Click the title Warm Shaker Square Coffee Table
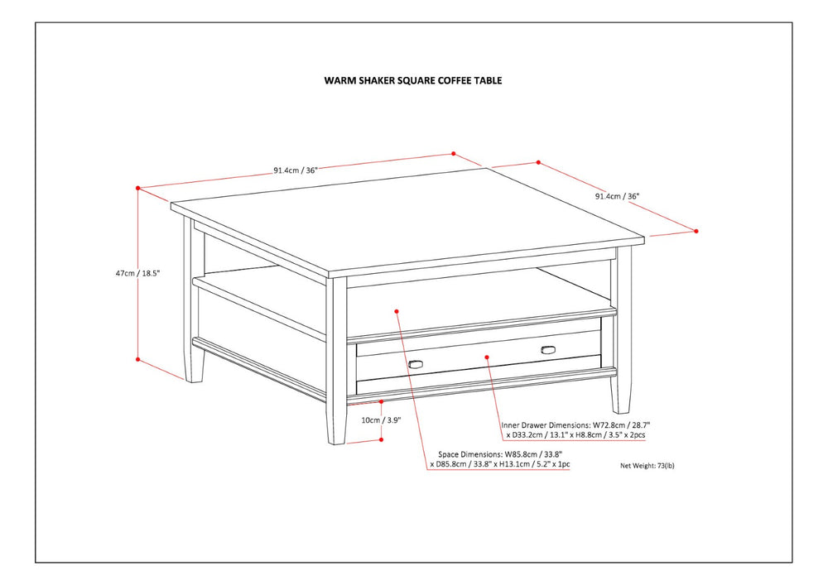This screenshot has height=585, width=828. (412, 81)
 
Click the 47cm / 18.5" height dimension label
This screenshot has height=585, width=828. (137, 272)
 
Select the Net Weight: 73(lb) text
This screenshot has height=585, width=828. (647, 466)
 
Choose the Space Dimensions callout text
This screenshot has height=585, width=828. (500, 459)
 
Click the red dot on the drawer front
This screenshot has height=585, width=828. (487, 357)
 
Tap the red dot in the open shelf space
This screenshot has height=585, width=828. (397, 311)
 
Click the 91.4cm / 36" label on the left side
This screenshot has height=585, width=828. (296, 170)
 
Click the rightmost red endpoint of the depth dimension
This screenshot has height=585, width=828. (696, 231)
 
